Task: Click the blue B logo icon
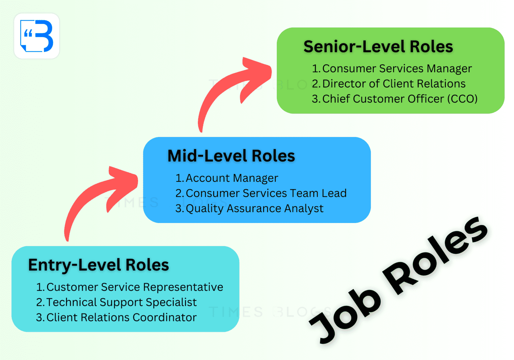(x=37, y=36)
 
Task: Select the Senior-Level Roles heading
(x=378, y=47)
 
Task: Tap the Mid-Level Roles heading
(x=231, y=156)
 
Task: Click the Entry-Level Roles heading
(x=98, y=265)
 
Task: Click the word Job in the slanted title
(x=345, y=312)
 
